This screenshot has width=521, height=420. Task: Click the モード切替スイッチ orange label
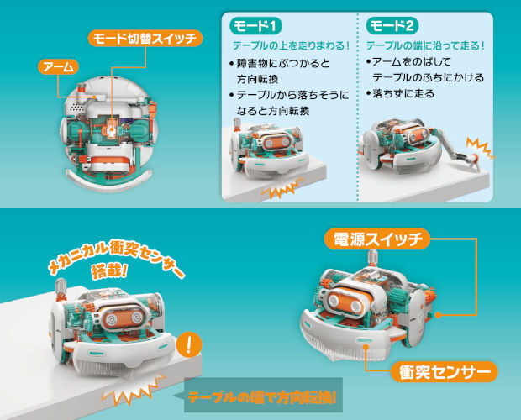pos(145,39)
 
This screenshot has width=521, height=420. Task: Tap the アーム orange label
pos(59,66)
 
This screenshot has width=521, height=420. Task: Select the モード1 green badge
pos(255,26)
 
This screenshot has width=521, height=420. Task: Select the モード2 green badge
pos(392,26)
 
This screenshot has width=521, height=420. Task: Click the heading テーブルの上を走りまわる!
pos(291,45)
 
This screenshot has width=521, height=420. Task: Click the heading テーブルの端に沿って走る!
pos(425,45)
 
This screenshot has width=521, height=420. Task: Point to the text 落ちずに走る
pos(403,93)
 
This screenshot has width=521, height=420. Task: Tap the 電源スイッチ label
pos(377,239)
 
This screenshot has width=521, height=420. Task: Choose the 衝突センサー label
pos(445,372)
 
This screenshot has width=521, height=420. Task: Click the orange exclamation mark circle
pos(189,345)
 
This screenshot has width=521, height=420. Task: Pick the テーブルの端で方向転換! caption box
pos(263,396)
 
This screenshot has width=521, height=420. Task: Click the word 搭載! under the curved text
pos(109,271)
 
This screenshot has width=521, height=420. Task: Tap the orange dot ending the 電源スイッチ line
pos(439,315)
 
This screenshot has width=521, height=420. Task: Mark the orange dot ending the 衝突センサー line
pos(366,347)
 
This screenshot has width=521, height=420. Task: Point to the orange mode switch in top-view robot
pos(111,127)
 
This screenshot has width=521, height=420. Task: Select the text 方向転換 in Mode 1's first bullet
pos(257,79)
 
